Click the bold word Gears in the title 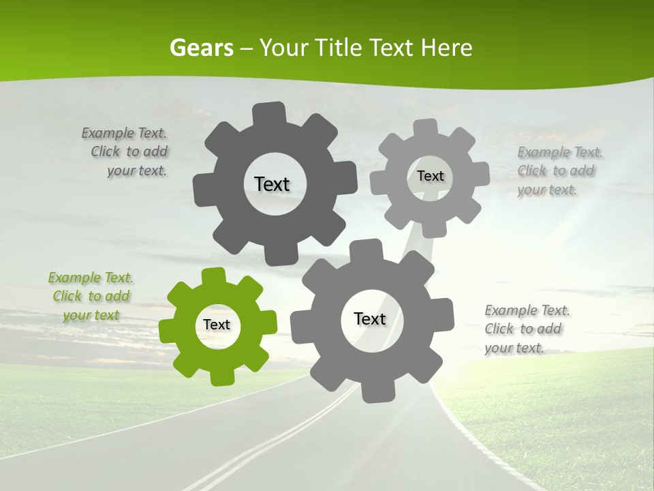(201, 48)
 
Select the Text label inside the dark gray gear (272, 184)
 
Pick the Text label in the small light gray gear (431, 176)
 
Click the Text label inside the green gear (217, 325)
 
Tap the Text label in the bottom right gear (370, 318)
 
